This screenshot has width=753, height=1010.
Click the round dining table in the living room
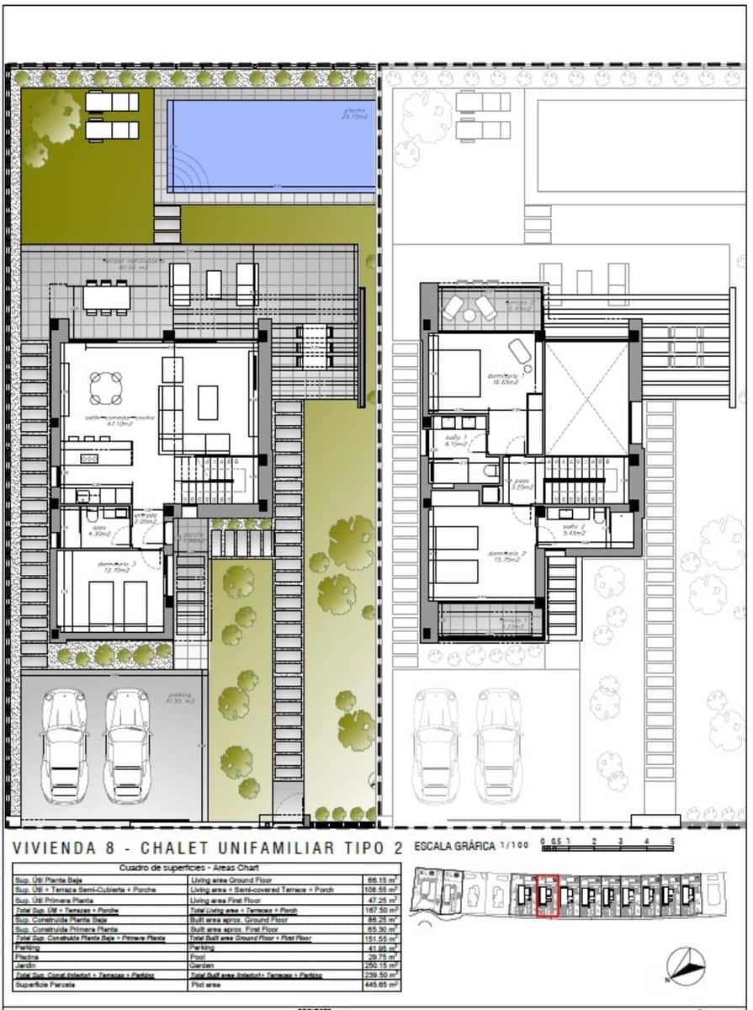[106, 388]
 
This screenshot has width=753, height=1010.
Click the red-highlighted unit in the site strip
[547, 896]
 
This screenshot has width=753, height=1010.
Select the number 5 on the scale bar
[672, 841]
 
